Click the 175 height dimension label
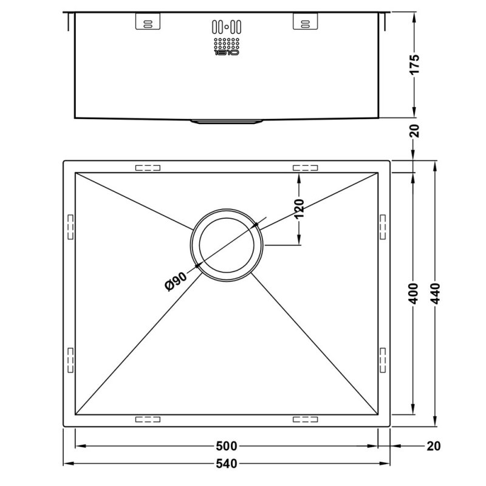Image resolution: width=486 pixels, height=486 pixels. click(x=415, y=64)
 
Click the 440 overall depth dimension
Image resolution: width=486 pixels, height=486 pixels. click(x=436, y=295)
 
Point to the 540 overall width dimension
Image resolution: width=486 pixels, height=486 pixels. click(x=226, y=464)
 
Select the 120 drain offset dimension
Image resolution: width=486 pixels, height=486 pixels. click(x=299, y=210)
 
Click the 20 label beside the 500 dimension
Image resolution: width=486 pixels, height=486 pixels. click(x=433, y=447)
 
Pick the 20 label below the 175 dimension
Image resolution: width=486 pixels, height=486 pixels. click(x=415, y=130)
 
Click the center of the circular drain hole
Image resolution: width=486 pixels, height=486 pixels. click(x=227, y=246)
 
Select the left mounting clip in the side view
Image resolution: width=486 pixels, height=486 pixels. click(x=147, y=22)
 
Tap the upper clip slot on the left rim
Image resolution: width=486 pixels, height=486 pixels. click(x=69, y=225)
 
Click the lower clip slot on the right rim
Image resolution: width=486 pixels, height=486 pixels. click(x=383, y=359)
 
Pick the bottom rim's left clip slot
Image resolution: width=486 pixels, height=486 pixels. click(x=147, y=420)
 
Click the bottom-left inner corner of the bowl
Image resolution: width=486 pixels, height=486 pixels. click(x=75, y=415)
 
